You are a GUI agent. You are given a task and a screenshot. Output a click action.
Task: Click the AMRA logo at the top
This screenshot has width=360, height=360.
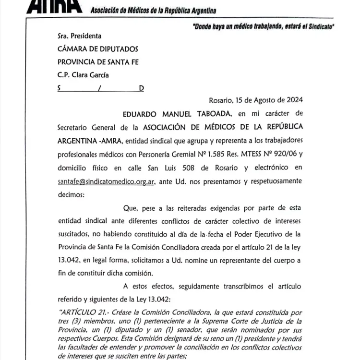click(58, 7)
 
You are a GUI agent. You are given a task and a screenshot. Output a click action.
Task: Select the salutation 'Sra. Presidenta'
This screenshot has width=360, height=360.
click(79, 36)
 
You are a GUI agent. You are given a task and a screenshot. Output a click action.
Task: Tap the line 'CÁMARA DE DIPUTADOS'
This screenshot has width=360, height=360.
click(97, 49)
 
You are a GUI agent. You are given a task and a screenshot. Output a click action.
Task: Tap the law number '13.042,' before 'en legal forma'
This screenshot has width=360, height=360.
click(69, 261)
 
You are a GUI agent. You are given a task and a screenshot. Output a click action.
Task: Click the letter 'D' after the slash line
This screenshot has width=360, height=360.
click(141, 88)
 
